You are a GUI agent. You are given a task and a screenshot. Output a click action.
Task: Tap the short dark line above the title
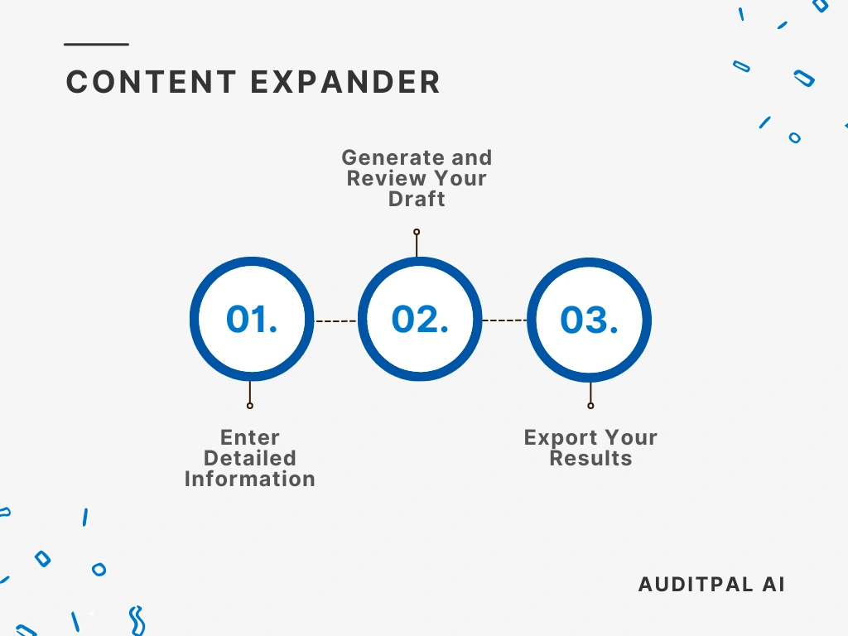coord(97,44)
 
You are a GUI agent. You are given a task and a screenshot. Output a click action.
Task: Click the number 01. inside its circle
coord(252,320)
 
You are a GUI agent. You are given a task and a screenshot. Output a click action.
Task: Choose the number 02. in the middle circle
coord(420,320)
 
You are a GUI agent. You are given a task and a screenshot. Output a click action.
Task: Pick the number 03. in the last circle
coord(589,320)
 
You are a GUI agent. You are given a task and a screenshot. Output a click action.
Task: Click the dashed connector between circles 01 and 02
coord(335,320)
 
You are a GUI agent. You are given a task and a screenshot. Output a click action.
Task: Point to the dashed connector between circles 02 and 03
coord(504,320)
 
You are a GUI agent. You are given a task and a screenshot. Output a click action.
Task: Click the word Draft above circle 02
coord(417,200)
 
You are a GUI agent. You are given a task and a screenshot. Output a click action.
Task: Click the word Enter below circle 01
coord(250,437)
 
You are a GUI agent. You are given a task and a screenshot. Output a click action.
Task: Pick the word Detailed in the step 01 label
coord(250,458)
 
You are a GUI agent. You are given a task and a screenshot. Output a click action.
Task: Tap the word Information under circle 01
coord(250,479)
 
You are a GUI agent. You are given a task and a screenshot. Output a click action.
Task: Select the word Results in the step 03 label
coord(590,458)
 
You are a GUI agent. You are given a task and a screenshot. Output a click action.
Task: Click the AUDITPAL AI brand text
coord(711,584)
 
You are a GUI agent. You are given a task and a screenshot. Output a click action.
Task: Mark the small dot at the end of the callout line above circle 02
coord(417,233)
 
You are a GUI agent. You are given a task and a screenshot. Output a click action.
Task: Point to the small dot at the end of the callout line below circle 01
coord(250,406)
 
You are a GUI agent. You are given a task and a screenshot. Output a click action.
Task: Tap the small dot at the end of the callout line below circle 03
coord(590,406)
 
